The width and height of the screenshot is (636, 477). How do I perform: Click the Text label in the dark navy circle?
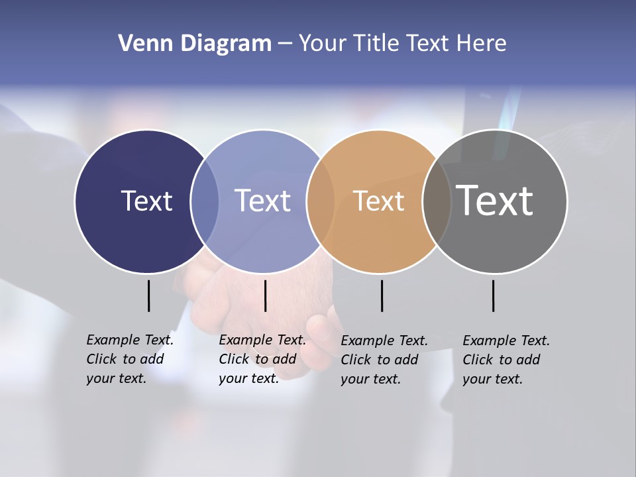click(146, 201)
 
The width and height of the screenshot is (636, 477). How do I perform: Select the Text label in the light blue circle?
click(263, 201)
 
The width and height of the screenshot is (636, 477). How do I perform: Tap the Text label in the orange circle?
click(378, 201)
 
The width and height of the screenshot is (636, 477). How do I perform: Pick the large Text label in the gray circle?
click(495, 201)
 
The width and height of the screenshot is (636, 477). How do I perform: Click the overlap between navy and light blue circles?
click(205, 201)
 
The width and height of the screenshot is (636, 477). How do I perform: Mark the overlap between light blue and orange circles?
click(321, 201)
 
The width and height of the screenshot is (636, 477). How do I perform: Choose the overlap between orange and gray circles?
click(437, 201)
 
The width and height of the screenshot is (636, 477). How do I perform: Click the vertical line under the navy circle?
click(148, 295)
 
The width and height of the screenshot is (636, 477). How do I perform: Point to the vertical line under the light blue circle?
click(265, 295)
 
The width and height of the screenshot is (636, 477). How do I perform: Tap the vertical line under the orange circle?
click(382, 295)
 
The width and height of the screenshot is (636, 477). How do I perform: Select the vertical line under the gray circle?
click(493, 295)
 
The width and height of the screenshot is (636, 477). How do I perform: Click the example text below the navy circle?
click(130, 359)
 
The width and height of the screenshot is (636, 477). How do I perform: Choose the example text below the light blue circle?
click(262, 359)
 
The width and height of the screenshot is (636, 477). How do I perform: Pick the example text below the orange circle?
click(384, 360)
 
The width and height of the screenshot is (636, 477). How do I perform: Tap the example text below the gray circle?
click(506, 360)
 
